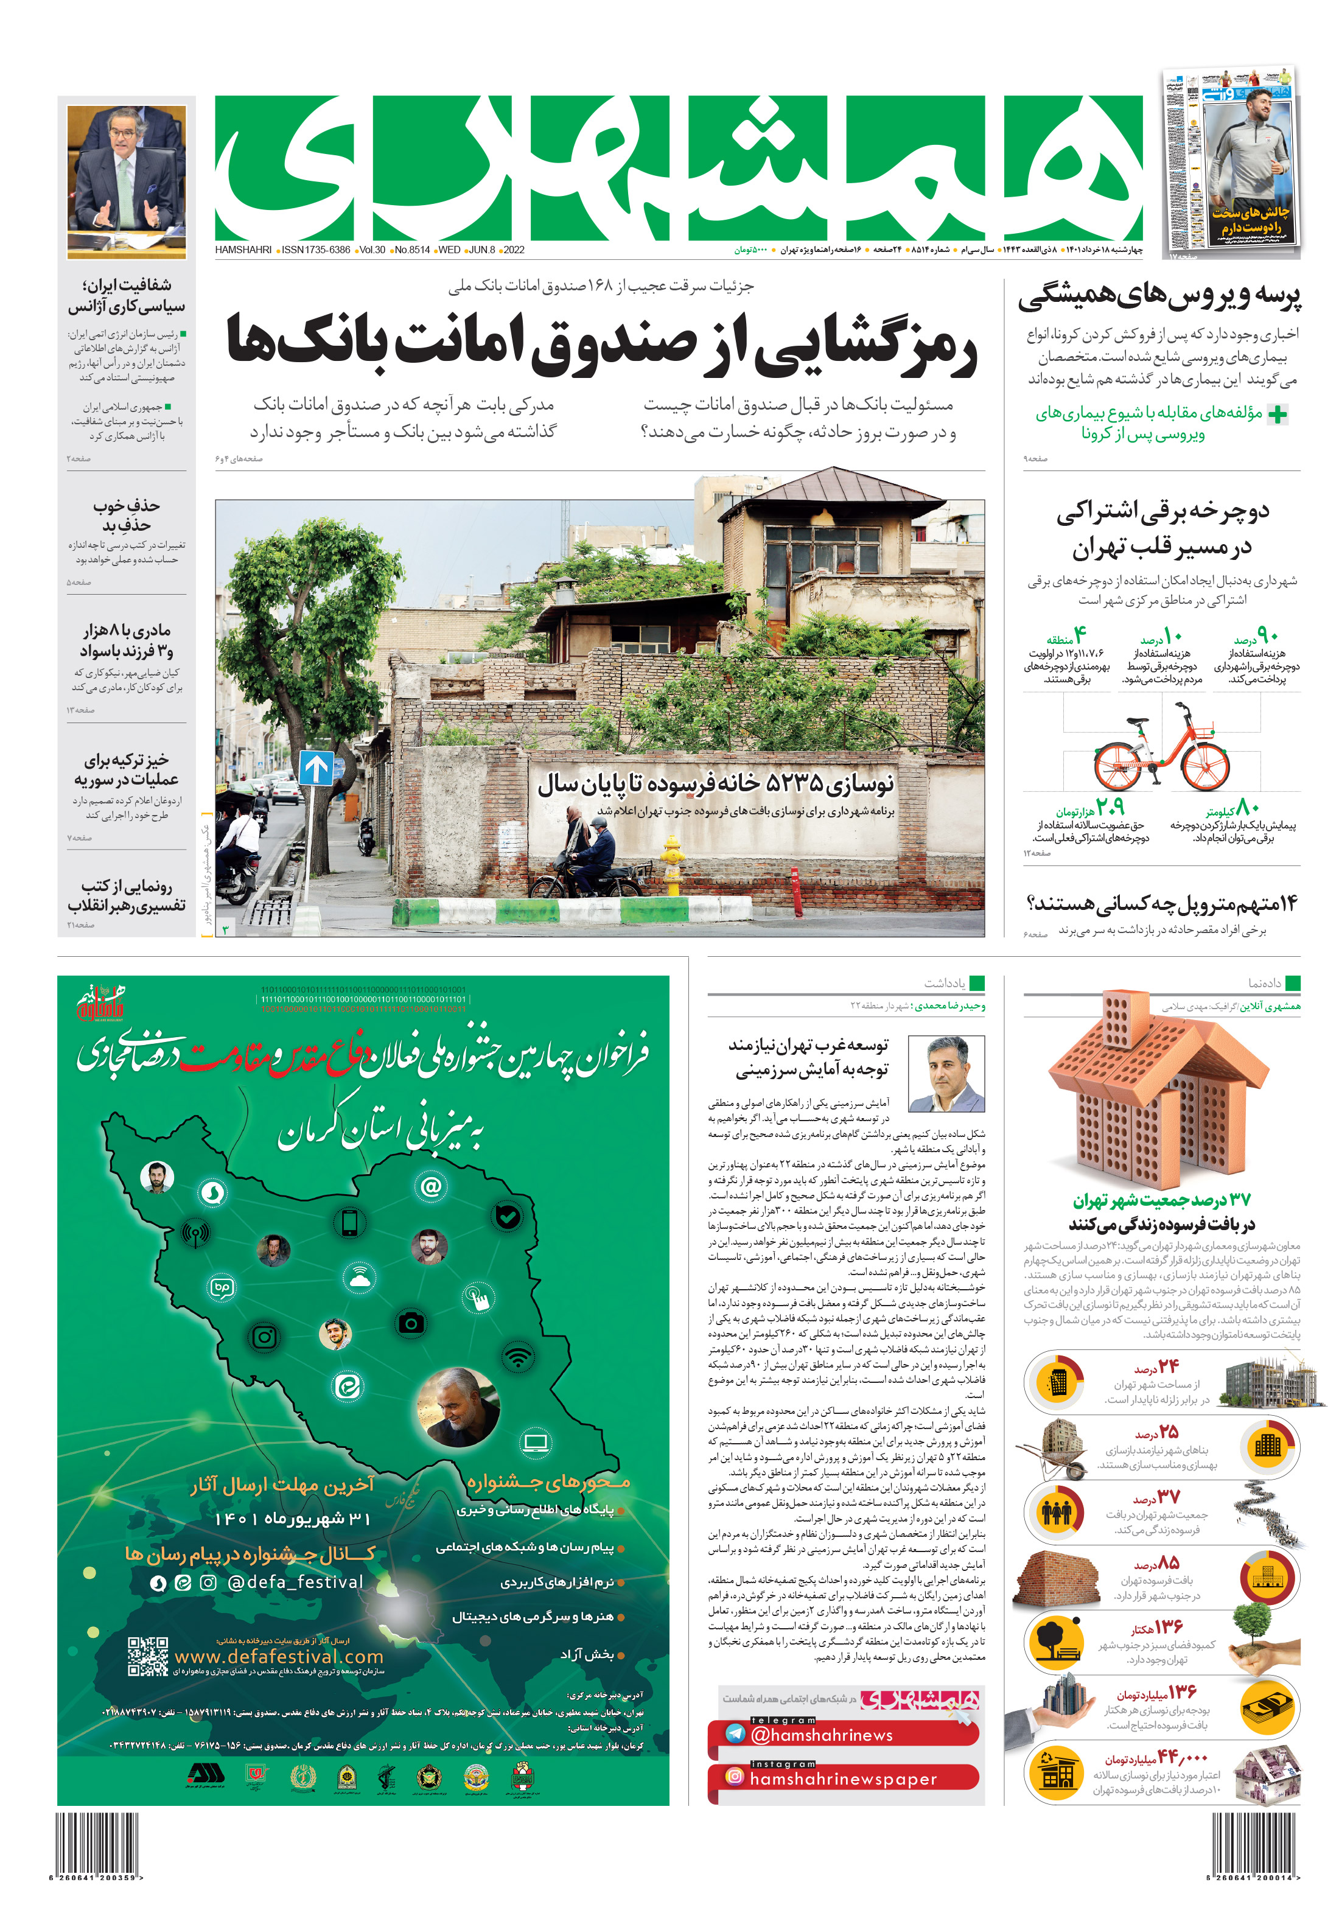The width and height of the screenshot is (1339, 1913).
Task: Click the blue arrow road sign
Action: (316, 768)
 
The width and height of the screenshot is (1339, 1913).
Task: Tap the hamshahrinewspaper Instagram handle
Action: (843, 1779)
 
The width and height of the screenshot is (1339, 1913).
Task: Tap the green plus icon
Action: (1276, 414)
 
